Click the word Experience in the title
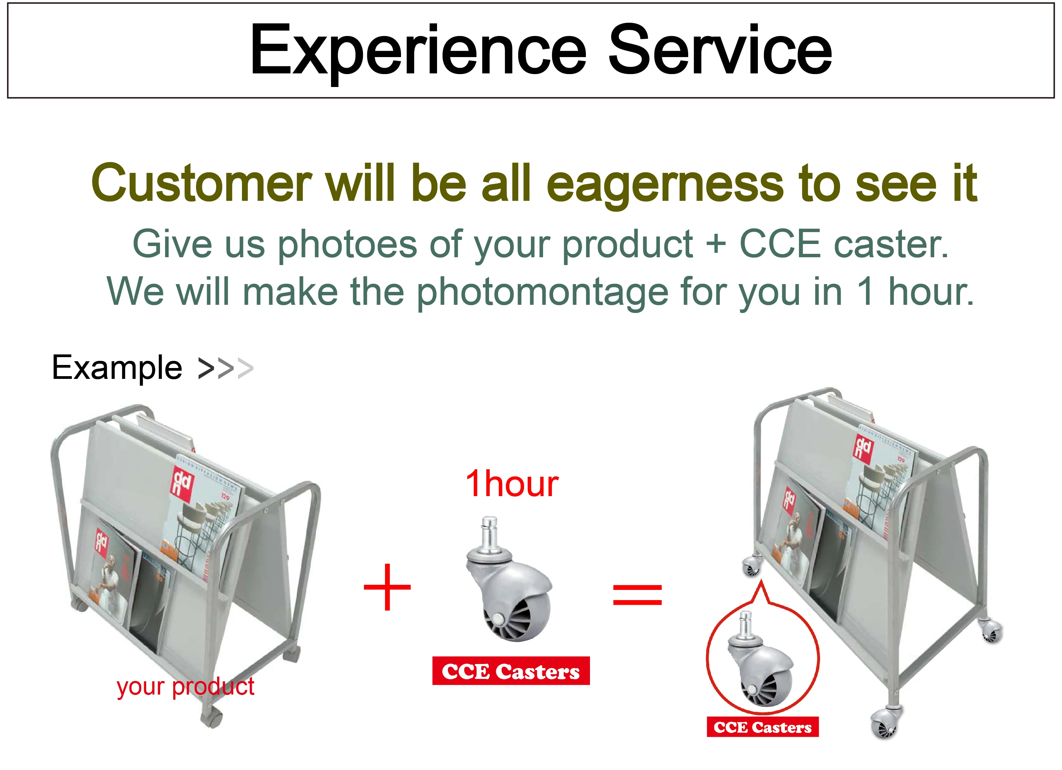point(418,52)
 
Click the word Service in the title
point(720,49)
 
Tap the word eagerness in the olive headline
point(665,185)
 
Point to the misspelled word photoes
point(347,246)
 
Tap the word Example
point(117,368)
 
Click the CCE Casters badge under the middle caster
point(511,671)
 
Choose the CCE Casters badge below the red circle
point(763,727)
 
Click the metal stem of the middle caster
point(489,533)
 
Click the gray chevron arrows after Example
point(226,369)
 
